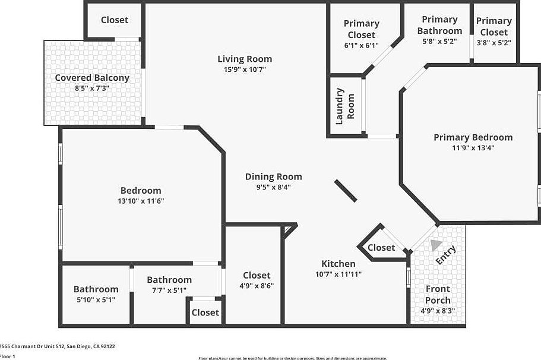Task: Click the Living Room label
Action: [245, 59]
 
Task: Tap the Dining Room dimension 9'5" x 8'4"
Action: [273, 187]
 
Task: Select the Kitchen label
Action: [338, 264]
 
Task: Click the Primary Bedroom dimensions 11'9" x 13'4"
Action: [473, 148]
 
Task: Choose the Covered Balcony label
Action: [92, 78]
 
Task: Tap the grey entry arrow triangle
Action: [436, 244]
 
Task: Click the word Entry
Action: [446, 255]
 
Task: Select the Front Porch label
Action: [438, 295]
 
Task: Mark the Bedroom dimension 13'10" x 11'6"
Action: [141, 201]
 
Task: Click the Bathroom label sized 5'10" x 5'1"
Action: [96, 289]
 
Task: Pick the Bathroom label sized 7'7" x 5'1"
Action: [169, 280]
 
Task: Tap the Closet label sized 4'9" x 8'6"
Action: [257, 275]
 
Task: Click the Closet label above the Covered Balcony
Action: [115, 20]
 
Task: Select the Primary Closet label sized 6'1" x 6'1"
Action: [361, 29]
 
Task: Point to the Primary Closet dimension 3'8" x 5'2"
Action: [493, 42]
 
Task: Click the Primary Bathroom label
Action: [439, 25]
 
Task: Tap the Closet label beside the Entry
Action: [381, 248]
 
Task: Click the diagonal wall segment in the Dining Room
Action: [345, 191]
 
